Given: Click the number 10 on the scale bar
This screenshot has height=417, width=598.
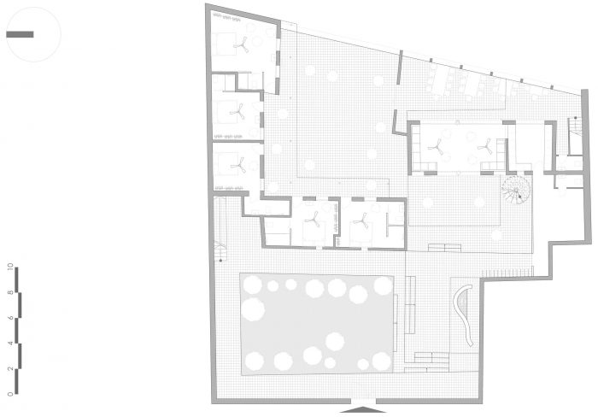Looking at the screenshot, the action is [10, 267].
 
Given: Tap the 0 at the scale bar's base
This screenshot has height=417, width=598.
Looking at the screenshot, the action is [10, 394].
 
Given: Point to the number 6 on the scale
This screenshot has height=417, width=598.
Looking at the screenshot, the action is [10, 317].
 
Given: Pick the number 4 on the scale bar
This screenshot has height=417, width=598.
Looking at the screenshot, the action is [10, 343].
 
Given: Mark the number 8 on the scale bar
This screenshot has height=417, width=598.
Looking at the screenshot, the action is [10, 292].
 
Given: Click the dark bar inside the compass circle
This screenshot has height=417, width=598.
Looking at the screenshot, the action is [20, 34].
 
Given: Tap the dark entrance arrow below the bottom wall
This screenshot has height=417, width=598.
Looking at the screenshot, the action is [363, 410].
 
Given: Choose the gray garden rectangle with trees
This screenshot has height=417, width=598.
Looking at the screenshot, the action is [317, 324].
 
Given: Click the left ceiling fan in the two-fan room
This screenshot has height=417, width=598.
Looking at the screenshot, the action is [436, 147].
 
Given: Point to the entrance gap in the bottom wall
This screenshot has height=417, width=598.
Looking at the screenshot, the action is [363, 401].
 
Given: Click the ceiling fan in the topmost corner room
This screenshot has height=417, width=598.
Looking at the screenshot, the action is [242, 44].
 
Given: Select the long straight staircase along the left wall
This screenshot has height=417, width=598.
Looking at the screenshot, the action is [220, 229].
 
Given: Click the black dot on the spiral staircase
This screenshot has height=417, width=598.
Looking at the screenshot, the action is [519, 197].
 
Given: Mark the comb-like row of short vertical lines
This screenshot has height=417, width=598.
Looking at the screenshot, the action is [506, 273].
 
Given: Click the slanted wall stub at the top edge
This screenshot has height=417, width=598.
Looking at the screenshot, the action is [399, 68].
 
